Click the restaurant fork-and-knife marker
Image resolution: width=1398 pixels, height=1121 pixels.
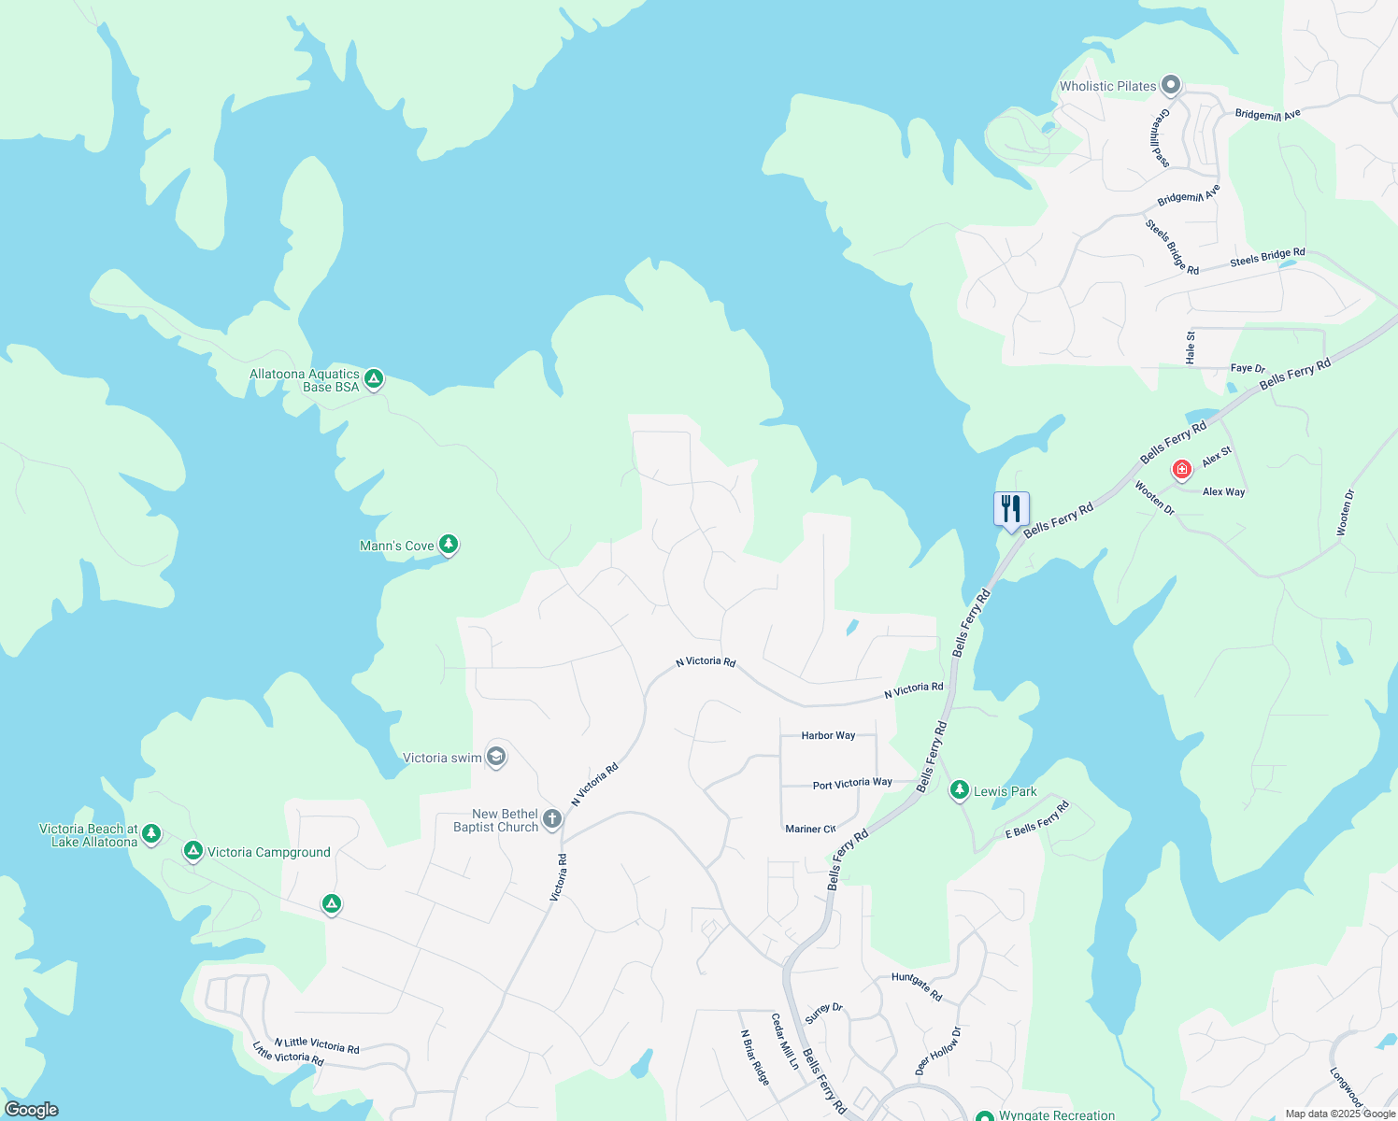point(1010,510)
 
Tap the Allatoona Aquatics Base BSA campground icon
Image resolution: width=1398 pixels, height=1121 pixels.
point(374,378)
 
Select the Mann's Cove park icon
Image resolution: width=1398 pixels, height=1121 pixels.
point(449,544)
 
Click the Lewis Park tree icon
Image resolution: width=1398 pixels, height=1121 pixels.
point(959,790)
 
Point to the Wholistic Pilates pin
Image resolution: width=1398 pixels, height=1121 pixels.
point(1170,86)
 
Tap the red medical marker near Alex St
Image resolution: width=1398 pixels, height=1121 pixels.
point(1182,468)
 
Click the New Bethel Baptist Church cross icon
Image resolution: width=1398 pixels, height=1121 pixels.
point(552,820)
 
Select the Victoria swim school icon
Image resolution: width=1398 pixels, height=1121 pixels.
point(497,757)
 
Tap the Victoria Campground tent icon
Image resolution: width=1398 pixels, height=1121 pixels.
point(193,850)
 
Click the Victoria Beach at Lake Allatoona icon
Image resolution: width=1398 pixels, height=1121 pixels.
point(151,832)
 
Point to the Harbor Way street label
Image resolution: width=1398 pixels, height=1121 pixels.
point(828,736)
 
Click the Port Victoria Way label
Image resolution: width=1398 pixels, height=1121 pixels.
point(852,784)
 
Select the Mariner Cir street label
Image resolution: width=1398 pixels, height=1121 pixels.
point(810,829)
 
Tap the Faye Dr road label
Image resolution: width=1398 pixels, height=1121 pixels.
point(1248,369)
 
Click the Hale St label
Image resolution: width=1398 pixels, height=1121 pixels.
point(1191,348)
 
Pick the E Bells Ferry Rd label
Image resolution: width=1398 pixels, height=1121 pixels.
point(1037,820)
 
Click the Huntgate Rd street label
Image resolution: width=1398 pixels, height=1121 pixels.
point(917,986)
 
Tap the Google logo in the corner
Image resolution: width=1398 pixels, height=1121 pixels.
point(31,1110)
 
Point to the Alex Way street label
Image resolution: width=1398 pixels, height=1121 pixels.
point(1223,492)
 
